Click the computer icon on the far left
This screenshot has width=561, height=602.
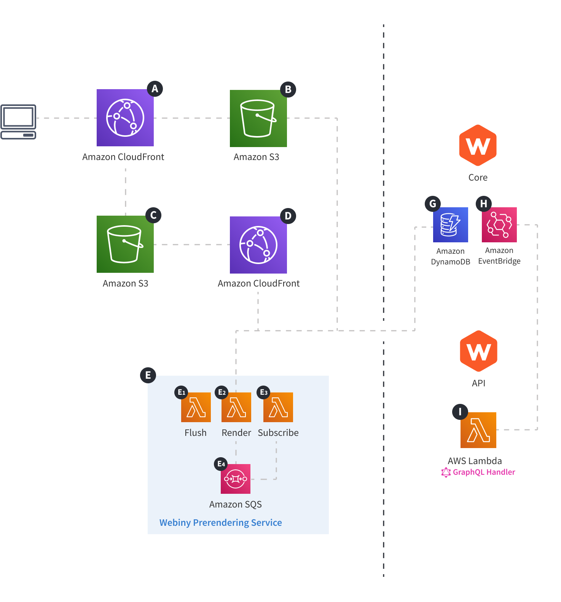18,122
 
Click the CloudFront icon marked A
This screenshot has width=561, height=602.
125,118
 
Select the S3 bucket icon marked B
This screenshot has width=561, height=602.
258,118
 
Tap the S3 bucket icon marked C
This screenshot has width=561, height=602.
125,244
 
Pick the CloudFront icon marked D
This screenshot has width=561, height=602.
258,245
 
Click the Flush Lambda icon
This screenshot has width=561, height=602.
196,407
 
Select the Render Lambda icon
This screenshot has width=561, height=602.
236,407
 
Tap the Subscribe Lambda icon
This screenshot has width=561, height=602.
278,407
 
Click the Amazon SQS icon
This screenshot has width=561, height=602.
235,479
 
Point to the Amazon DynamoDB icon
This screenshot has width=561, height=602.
450,225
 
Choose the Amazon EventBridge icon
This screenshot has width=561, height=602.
499,225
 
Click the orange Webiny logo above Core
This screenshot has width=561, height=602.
478,145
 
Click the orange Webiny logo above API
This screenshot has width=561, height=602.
478,351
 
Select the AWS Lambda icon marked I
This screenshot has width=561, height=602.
478,430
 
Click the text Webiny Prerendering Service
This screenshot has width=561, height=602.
220,522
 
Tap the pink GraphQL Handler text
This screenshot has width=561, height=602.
483,472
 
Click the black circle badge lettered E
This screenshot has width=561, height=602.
148,375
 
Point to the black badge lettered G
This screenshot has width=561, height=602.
433,204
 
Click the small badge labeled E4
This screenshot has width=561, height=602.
221,464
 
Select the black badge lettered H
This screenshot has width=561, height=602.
484,204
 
